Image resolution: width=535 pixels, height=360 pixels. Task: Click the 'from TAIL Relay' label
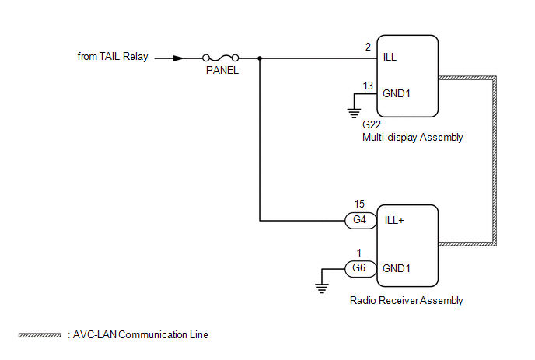point(113,57)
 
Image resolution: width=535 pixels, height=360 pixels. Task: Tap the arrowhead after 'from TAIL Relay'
point(178,58)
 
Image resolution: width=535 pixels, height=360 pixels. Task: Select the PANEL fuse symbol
point(219,58)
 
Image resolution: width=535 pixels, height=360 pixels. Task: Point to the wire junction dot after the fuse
point(259,58)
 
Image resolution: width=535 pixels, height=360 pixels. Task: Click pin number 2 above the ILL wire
point(368,47)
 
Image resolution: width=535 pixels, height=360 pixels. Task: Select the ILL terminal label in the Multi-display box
point(391,58)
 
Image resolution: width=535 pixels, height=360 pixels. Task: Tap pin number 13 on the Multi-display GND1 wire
point(368,85)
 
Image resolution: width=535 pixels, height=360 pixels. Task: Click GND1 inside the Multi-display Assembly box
point(397,93)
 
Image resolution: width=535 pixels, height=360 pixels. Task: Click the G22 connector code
point(372,124)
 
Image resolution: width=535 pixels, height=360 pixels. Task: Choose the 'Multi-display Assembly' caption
point(412,138)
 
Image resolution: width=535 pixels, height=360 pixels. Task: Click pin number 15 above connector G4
point(359,205)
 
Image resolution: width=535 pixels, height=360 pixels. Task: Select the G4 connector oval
point(358,220)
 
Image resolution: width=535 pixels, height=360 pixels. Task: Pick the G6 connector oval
point(358,268)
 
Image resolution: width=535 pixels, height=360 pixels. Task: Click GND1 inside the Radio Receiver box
point(397,268)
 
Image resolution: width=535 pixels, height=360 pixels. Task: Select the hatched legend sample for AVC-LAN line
point(39,335)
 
